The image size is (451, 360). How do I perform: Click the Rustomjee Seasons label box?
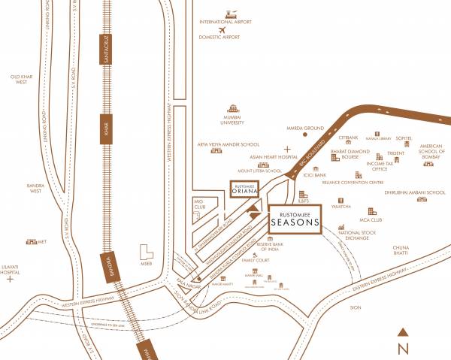coord(294,218)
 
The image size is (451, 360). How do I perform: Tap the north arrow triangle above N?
coord(403,331)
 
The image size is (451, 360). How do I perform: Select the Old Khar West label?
coord(19,79)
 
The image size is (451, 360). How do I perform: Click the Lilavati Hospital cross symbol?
coord(9,279)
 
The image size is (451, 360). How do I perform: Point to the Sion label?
coord(356,308)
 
